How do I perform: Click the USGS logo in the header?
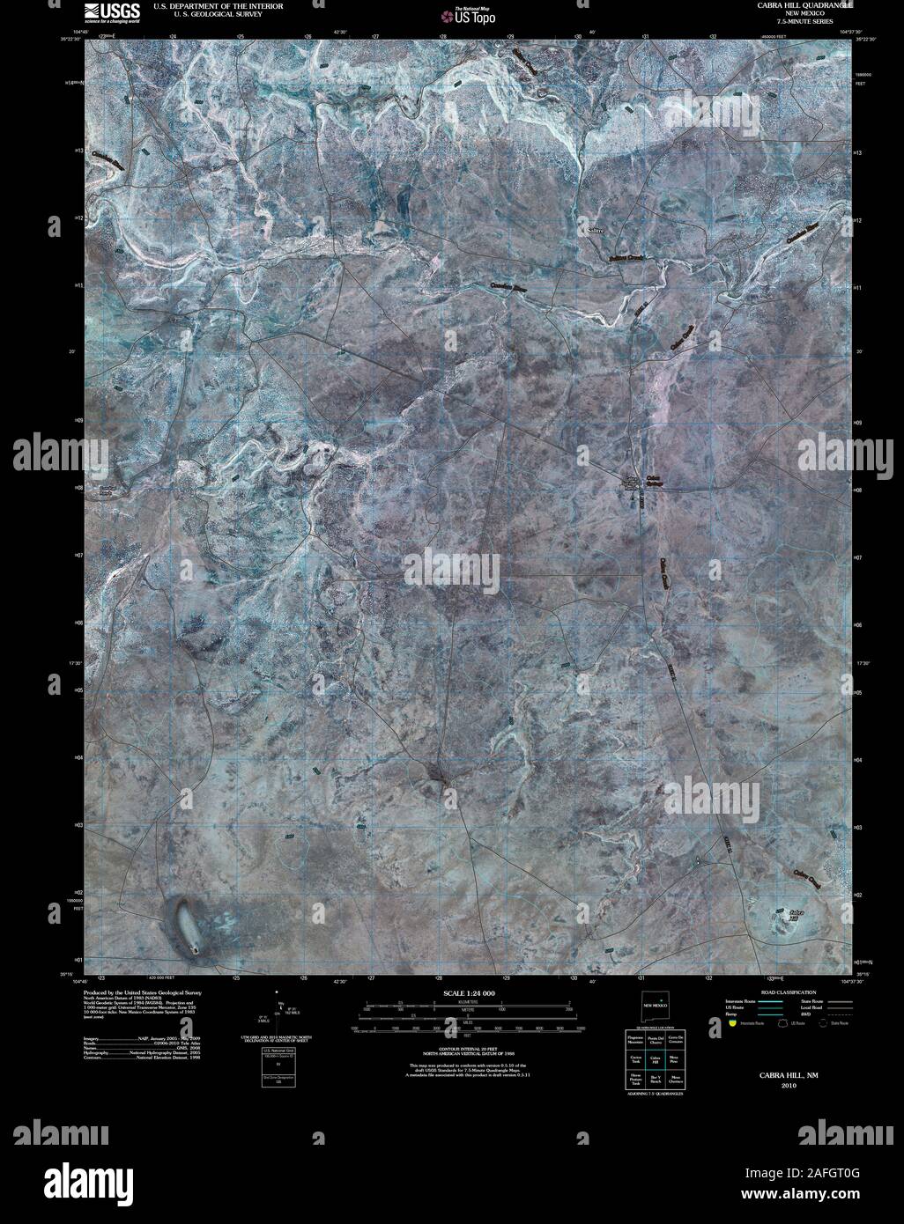(x=111, y=12)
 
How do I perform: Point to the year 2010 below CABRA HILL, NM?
(x=775, y=1085)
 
